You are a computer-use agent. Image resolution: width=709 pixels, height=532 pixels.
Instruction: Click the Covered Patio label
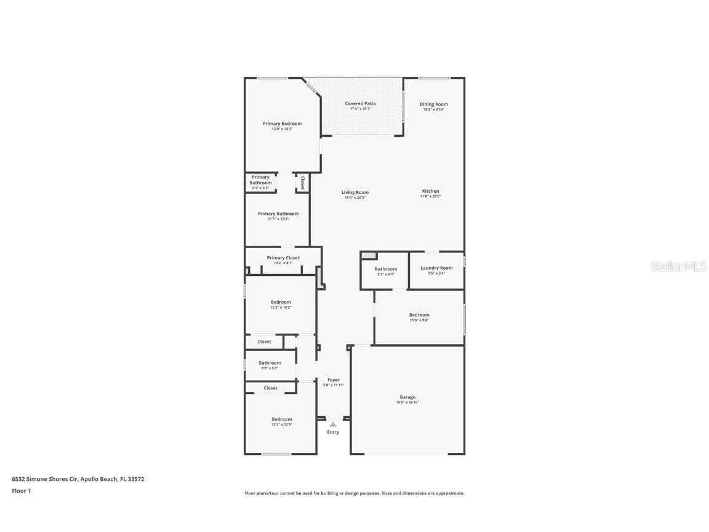coord(360,103)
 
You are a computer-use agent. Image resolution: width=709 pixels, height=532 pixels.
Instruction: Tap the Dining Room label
coord(433,104)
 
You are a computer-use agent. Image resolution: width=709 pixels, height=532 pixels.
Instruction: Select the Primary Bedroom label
coord(282,124)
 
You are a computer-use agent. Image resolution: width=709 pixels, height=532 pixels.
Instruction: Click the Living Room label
coord(355,193)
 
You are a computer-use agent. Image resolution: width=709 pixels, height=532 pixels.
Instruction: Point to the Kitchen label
coord(430,191)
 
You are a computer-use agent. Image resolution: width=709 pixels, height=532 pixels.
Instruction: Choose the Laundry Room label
coord(436,268)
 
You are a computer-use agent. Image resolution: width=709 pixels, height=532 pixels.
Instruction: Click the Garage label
coord(407,397)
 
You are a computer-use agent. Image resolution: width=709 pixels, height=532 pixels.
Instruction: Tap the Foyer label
coord(334,380)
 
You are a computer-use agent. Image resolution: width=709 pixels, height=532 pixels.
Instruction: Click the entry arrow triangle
coord(333,424)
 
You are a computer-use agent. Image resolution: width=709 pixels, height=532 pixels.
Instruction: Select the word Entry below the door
coord(333,432)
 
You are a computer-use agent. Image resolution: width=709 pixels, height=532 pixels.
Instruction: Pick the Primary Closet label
coord(283,258)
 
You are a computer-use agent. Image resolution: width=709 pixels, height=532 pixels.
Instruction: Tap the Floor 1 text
coord(21,491)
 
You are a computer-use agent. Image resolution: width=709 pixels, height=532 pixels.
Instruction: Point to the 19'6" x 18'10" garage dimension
coord(407,403)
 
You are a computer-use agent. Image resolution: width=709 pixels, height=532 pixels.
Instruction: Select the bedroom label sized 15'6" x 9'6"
coord(419,315)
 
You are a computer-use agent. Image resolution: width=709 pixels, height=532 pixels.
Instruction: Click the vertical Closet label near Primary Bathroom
coord(302,182)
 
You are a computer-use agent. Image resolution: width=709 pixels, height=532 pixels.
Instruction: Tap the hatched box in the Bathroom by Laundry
coord(368,255)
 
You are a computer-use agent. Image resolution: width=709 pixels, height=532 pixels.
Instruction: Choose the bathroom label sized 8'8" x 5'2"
coord(270,363)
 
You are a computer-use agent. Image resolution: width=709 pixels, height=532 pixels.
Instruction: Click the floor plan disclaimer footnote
coord(354,493)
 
